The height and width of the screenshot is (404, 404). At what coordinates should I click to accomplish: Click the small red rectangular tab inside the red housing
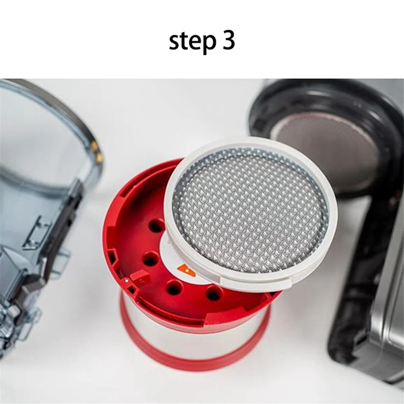point(135,277)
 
